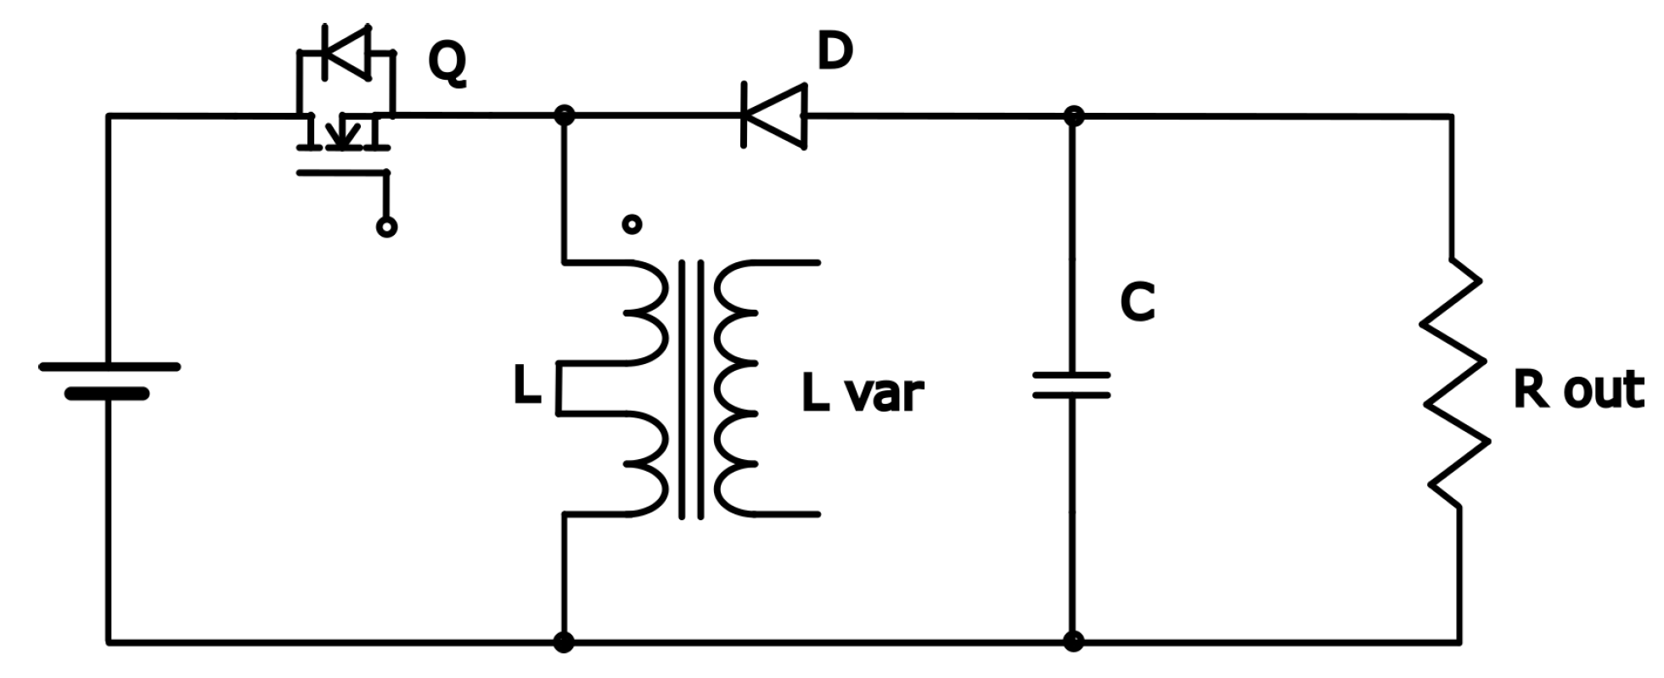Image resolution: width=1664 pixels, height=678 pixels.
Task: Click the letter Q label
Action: coord(447,64)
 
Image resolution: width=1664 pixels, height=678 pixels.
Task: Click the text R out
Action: coord(1577,391)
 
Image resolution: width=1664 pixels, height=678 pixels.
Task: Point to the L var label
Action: coord(862,394)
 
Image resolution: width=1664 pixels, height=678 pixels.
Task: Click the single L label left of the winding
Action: coord(527,388)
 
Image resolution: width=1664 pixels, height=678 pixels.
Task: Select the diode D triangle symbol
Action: coord(773,115)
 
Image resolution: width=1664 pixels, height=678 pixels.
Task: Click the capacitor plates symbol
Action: coord(1071,384)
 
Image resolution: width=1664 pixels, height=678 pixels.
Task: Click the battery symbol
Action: coord(109,380)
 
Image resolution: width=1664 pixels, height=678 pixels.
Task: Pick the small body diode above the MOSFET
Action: coord(346,53)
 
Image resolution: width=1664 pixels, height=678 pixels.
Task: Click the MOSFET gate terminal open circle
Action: coord(386,227)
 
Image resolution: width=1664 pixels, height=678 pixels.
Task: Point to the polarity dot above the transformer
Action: coord(632,224)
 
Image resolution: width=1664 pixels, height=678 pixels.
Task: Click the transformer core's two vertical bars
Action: coord(691,389)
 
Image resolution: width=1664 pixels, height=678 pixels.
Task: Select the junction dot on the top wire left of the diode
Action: coord(563,115)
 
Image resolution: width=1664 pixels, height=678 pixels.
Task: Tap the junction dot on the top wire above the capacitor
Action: coord(1073,115)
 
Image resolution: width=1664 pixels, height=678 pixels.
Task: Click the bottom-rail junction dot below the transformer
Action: coord(563,642)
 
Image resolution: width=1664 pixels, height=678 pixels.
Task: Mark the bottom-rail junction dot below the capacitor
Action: coord(1073,642)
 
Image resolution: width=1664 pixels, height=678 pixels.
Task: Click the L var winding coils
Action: coord(735,389)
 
